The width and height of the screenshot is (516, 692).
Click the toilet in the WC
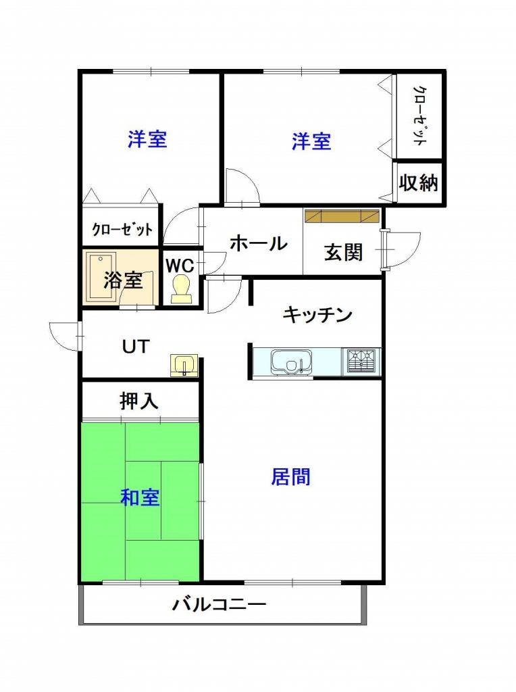182,289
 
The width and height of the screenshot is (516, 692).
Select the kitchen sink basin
292,362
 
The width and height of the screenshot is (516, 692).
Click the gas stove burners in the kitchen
363,362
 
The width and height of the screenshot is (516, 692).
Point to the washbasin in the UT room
184,366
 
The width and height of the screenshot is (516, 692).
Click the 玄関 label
343,253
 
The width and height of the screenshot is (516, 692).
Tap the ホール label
259,243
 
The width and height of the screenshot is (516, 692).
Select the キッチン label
317,315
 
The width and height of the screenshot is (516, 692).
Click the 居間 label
290,476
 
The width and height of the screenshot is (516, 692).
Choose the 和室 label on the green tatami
140,498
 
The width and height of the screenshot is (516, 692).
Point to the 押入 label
139,401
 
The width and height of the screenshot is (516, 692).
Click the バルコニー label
220,603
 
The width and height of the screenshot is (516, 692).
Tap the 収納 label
418,182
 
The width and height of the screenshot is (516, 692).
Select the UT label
136,347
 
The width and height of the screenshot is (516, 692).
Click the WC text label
180,266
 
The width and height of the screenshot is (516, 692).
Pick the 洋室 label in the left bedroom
147,139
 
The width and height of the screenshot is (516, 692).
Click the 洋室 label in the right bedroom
311,141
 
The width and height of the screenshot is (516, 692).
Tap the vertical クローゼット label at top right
419,116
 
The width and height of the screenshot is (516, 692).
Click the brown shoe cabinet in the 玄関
342,216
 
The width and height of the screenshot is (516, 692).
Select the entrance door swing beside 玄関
401,250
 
